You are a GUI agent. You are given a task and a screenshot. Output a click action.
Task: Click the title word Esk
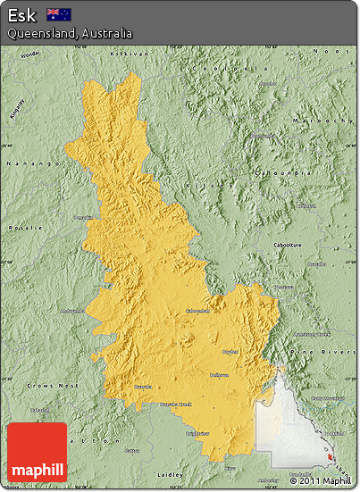coord(22,15)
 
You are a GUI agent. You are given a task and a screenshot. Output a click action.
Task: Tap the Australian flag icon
coord(60,14)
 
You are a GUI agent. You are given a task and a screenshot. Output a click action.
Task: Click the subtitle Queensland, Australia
coord(70,33)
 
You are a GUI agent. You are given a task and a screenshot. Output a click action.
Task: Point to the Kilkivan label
coord(123,54)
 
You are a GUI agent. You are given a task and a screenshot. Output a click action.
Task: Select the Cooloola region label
coord(234,68)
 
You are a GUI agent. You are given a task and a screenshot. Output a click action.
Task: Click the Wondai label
coord(29,54)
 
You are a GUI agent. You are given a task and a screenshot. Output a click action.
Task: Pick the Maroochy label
coord(322,120)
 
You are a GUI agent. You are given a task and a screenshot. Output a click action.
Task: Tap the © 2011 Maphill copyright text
coord(321,481)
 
